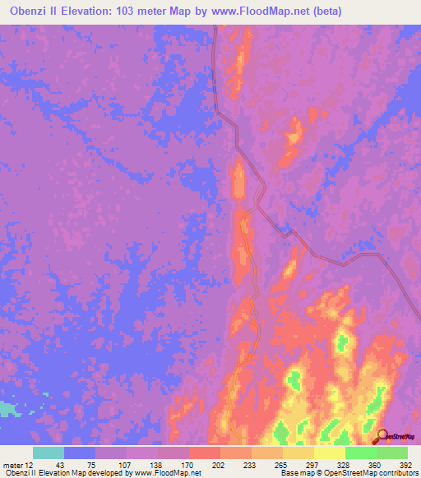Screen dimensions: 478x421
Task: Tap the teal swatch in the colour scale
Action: [x=49, y=453]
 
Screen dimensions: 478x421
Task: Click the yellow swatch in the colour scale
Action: [x=330, y=453]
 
